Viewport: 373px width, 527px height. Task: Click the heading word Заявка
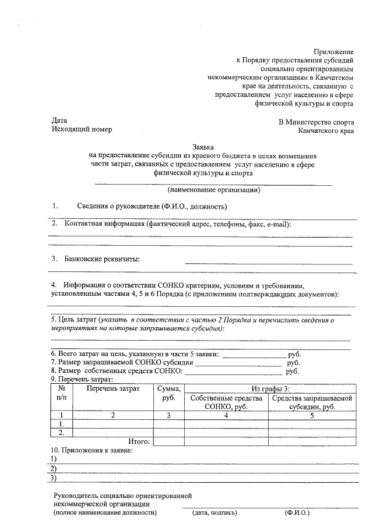click(204, 148)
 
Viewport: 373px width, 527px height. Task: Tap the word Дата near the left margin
click(59, 121)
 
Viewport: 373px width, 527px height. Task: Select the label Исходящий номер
click(82, 129)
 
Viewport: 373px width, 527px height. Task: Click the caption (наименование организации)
click(213, 190)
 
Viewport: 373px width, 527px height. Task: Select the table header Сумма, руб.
click(169, 394)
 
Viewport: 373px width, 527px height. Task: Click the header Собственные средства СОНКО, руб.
click(226, 402)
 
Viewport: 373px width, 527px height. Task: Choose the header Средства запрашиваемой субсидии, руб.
click(311, 402)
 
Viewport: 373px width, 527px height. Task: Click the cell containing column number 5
click(312, 415)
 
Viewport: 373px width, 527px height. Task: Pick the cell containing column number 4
click(226, 415)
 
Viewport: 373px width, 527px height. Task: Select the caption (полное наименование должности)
click(105, 513)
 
